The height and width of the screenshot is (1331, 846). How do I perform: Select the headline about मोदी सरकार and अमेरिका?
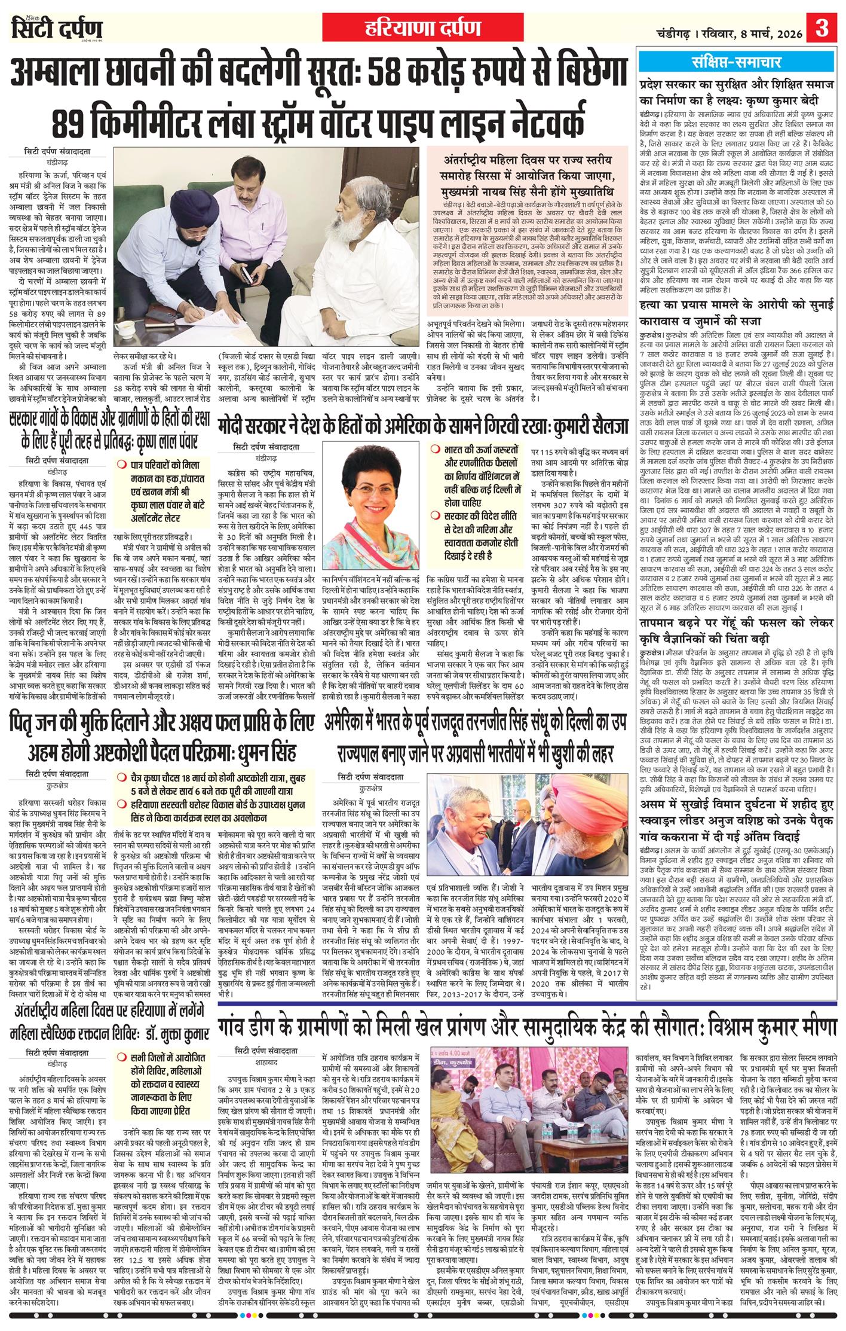pyautogui.click(x=424, y=426)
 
